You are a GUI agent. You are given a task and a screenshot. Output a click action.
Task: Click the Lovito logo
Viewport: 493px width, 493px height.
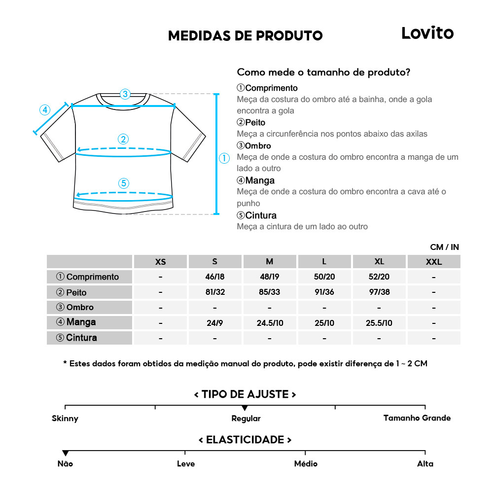(427, 33)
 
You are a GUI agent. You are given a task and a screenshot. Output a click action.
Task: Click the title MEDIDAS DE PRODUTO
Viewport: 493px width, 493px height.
(245, 35)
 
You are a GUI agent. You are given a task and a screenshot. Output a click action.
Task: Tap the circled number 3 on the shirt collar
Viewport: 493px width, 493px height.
(125, 94)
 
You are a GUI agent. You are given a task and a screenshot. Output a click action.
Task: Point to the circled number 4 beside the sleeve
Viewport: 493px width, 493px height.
(45, 109)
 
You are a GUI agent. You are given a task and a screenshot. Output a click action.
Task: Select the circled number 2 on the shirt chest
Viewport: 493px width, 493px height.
(124, 139)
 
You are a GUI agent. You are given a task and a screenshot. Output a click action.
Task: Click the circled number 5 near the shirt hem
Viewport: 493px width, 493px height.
(124, 183)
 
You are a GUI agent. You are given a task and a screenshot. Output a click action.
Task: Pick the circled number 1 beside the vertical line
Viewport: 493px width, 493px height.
(224, 158)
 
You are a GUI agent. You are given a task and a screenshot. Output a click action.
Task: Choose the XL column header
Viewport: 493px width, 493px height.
(379, 262)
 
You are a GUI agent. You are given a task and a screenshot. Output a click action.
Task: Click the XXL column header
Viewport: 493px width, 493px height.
(434, 262)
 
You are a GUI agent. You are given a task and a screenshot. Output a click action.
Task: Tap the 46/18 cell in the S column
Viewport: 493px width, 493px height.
(215, 277)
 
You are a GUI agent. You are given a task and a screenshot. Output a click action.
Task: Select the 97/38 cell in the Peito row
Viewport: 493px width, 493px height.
(379, 292)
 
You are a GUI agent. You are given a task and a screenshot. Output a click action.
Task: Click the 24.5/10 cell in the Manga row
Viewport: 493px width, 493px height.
(270, 323)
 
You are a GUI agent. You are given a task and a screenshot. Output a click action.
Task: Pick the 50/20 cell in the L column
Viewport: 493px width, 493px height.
(324, 277)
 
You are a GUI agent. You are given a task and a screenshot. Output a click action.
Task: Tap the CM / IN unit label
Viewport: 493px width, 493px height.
(444, 247)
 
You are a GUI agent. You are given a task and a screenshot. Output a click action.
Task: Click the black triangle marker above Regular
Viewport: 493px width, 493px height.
(245, 408)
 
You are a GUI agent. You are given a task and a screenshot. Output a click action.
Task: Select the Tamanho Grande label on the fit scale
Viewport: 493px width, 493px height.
(417, 418)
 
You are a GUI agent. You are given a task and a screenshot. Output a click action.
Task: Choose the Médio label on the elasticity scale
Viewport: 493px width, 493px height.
(306, 463)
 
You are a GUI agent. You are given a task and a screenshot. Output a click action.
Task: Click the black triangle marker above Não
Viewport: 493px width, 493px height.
(65, 453)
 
